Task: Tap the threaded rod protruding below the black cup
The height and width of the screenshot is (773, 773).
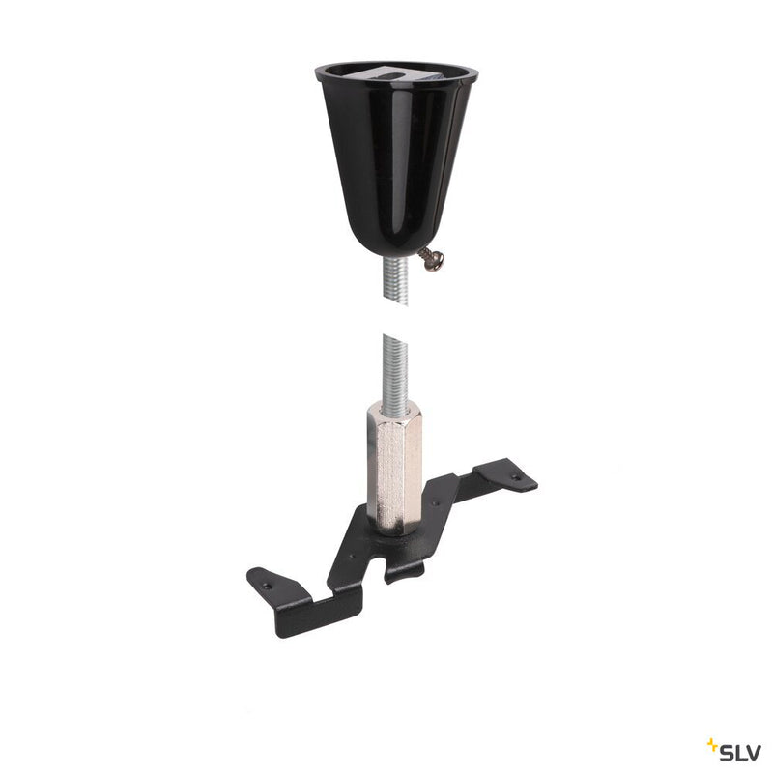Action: point(396,281)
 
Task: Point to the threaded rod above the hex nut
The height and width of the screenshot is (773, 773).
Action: point(396,367)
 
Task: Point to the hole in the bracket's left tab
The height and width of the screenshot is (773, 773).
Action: point(268,584)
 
